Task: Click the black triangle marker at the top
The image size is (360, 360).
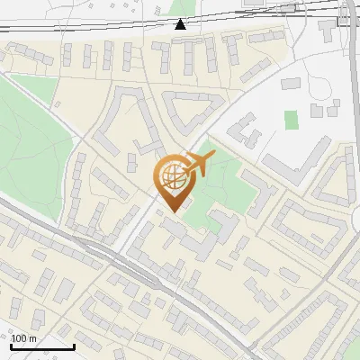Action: (x=181, y=23)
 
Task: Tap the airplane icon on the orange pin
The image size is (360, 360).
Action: (x=198, y=165)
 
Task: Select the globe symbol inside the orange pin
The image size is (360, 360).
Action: (x=174, y=177)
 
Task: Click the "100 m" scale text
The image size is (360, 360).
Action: (x=24, y=337)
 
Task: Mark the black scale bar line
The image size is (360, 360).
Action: (x=42, y=346)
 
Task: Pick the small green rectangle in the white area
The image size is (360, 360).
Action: (x=291, y=119)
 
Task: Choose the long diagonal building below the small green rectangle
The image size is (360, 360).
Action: (x=296, y=157)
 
